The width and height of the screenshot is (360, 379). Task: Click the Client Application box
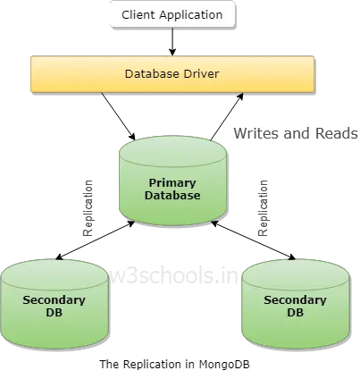coord(172,14)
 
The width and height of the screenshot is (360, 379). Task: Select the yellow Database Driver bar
coord(172,74)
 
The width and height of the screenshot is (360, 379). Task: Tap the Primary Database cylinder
coord(173,181)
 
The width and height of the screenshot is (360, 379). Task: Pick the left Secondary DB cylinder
coord(54,304)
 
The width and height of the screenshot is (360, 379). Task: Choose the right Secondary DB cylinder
coord(296,304)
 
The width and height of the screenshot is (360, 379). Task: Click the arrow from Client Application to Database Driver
coord(172,42)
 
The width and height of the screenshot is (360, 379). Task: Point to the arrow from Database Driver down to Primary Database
coord(118,116)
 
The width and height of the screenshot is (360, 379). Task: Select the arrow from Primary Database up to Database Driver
coord(227,116)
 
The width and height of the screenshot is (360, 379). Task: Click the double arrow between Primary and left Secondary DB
coord(96,240)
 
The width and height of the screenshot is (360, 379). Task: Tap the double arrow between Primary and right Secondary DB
coord(253,240)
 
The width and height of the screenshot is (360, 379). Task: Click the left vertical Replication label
coord(88,208)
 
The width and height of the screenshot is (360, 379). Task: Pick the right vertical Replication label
coord(264,208)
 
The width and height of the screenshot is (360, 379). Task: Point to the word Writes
coord(256,133)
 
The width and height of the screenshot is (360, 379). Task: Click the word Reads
coord(337,133)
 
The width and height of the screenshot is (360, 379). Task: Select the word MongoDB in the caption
coord(224,364)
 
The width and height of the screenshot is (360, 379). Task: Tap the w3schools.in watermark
coord(173,276)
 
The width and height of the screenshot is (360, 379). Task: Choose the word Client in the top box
coord(138,14)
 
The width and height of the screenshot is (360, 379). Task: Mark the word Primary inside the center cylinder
coord(172,183)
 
